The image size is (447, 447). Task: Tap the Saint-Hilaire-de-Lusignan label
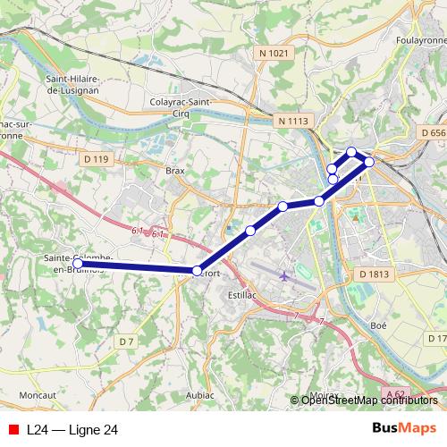[x=78, y=84]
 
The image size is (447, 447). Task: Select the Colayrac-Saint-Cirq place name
[x=181, y=107]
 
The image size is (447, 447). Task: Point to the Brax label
[x=175, y=168]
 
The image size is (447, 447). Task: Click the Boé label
[x=378, y=326]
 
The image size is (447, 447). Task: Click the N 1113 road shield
[x=292, y=120]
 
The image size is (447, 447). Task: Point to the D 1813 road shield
[x=374, y=274]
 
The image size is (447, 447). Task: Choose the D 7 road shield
[x=126, y=341]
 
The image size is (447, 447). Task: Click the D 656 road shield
[x=432, y=132]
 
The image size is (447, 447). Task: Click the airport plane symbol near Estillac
[x=284, y=275]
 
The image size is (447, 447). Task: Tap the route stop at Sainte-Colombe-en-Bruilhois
[x=78, y=264]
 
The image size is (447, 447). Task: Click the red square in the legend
[x=13, y=429]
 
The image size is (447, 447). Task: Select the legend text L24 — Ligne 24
[x=72, y=429]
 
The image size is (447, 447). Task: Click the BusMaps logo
[x=403, y=429]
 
